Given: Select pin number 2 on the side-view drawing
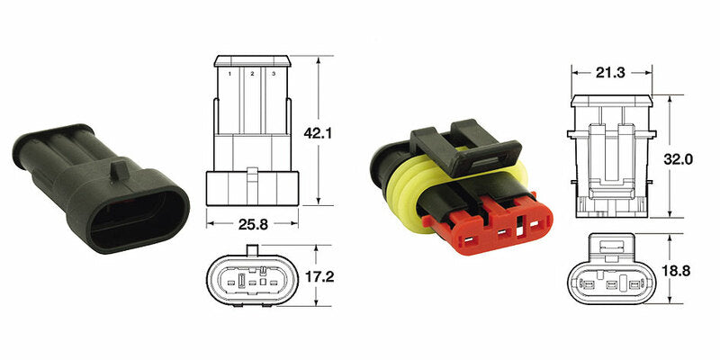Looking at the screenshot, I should click(252, 73).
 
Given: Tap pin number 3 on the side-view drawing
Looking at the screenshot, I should click(274, 73).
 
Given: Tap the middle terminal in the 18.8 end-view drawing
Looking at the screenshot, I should click(613, 286).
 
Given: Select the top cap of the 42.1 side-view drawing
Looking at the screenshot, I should click(252, 61).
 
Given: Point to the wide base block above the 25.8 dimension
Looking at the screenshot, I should click(252, 187).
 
